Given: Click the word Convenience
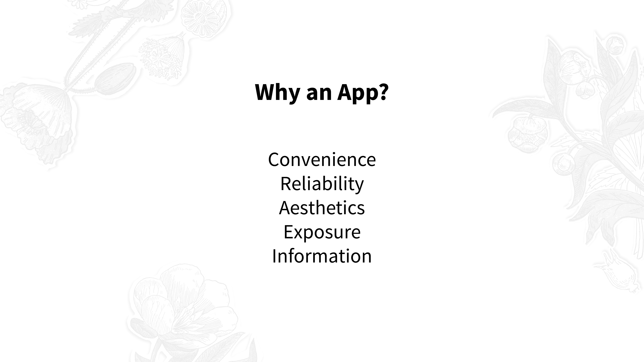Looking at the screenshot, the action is [322, 159].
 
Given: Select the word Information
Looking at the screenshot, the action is [322, 256].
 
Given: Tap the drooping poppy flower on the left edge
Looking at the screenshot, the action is [38, 120].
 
